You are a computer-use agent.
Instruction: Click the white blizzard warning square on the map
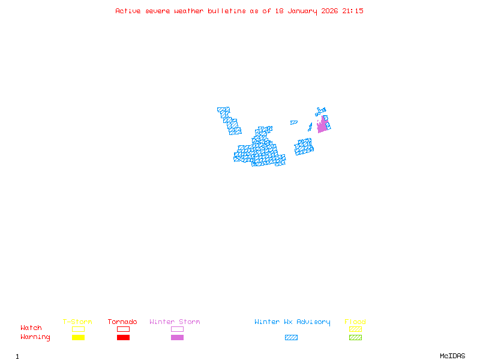click(254, 135)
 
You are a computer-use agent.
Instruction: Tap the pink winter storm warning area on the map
click(322, 125)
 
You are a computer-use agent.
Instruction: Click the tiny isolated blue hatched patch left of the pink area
click(294, 122)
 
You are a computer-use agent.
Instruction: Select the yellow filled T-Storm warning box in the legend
click(78, 338)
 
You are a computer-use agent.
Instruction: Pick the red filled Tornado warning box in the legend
click(123, 338)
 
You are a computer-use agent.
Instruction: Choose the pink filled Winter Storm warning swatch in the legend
click(177, 338)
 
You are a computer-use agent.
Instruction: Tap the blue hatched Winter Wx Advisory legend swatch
click(291, 338)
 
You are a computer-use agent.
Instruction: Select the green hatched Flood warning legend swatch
click(355, 338)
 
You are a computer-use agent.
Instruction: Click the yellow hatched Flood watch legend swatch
click(355, 329)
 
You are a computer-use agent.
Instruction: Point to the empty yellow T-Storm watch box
click(78, 329)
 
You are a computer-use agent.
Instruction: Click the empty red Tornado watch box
click(123, 329)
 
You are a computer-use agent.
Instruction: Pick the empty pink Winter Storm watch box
click(177, 329)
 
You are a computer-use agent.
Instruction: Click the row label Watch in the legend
click(31, 328)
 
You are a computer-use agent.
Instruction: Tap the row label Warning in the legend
click(35, 337)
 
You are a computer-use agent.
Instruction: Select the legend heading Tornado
click(122, 322)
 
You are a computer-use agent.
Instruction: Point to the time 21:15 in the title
click(353, 11)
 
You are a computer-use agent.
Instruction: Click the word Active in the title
click(128, 11)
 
